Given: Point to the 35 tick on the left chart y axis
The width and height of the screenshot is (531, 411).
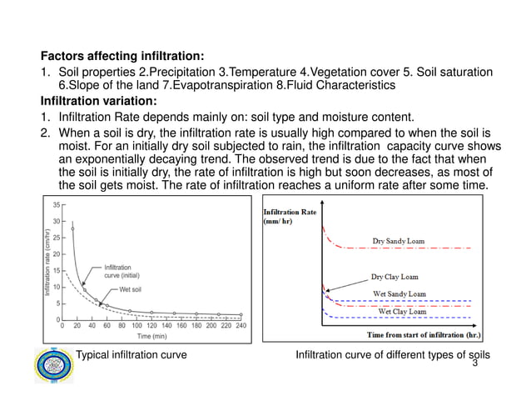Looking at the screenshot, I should (55, 204).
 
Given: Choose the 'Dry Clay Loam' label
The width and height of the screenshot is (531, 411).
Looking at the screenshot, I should (395, 277).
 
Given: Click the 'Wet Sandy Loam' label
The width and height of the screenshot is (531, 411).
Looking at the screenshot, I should (399, 293).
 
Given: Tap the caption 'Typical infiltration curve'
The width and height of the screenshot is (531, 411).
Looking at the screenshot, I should (132, 355).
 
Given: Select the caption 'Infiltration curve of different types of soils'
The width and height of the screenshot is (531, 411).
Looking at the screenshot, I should (393, 355).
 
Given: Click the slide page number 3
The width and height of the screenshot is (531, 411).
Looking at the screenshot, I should (474, 364).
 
